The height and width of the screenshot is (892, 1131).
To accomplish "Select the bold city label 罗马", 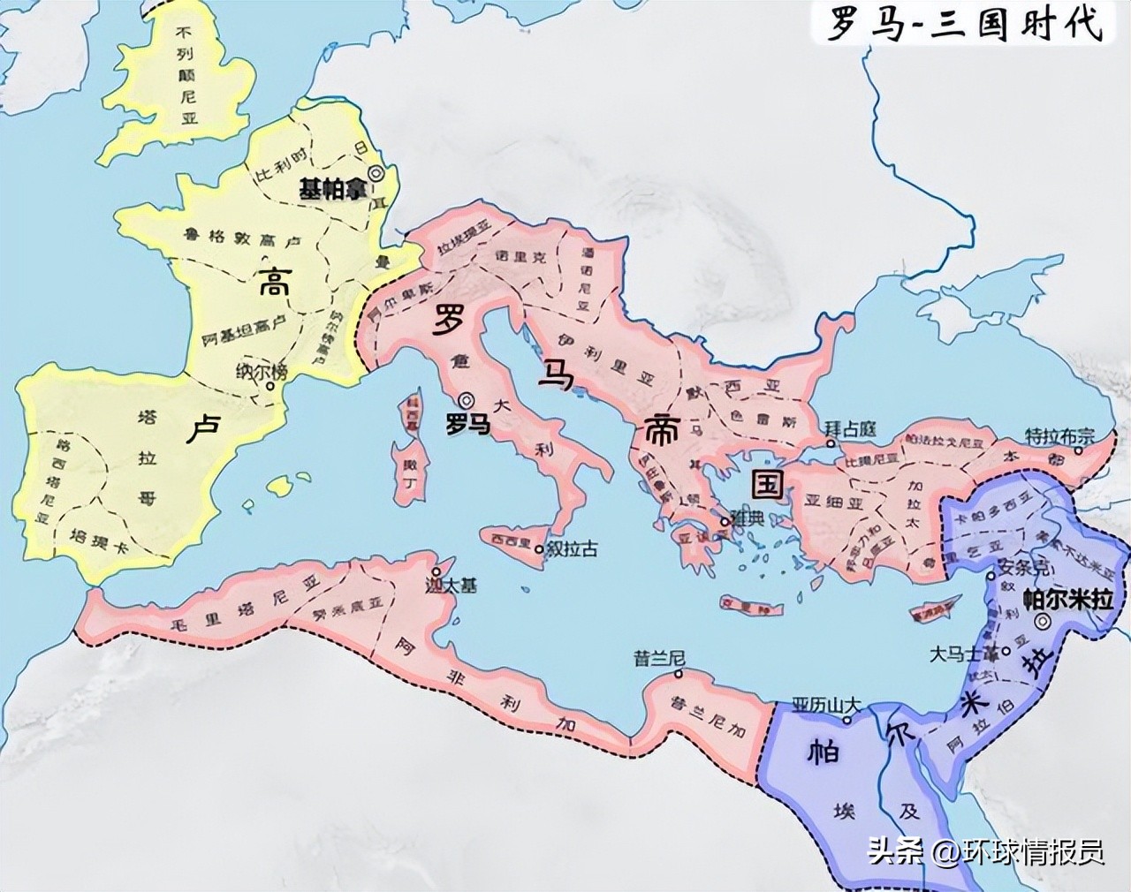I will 467,424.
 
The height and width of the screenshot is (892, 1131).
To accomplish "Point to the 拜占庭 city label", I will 850,428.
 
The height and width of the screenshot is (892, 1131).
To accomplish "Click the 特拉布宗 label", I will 1059,435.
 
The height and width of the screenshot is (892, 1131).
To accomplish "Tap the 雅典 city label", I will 747,520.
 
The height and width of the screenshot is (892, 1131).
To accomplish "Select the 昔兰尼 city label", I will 654,658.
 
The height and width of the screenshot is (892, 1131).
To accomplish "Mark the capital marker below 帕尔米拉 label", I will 1043,622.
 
